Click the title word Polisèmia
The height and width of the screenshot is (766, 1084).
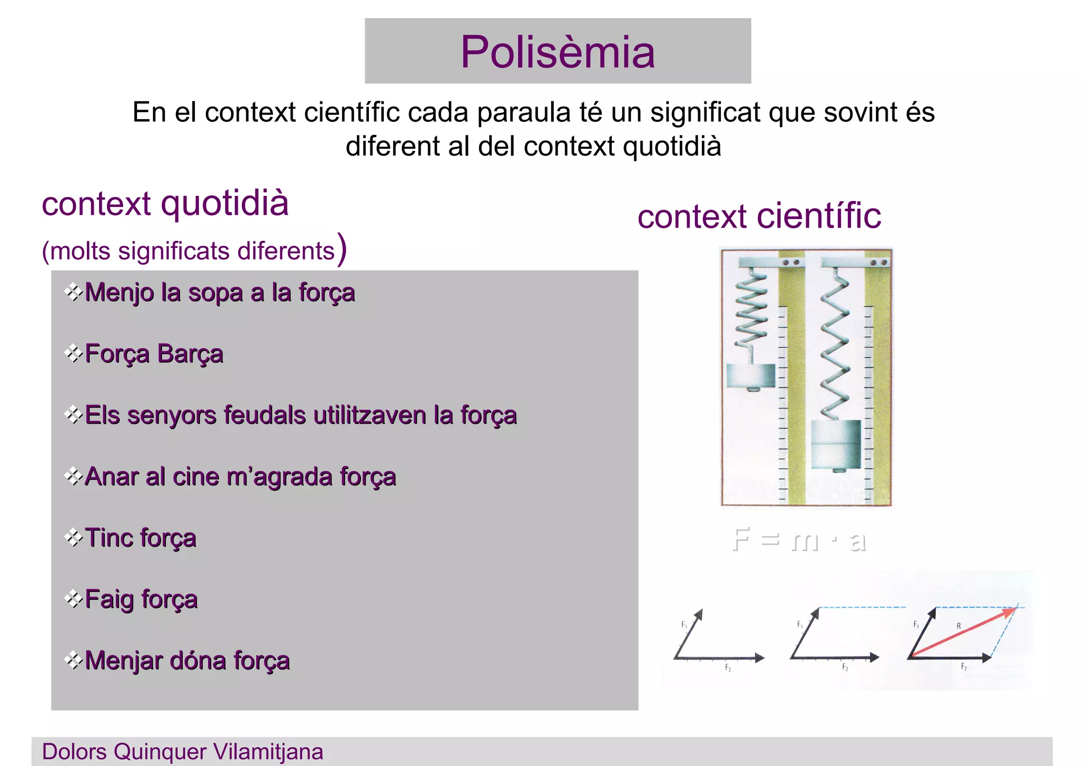point(557,52)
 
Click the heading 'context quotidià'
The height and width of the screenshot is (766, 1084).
point(165,203)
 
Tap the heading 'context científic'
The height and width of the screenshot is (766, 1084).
point(759,216)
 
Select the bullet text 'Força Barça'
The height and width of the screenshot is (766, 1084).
point(153,354)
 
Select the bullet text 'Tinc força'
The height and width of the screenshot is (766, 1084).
point(140,538)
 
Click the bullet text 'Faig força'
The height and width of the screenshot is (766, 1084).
point(141,599)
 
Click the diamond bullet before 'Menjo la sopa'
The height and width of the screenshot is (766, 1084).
point(73,292)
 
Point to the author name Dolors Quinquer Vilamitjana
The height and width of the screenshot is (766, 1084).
point(183,752)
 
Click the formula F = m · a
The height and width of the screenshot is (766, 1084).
point(799,540)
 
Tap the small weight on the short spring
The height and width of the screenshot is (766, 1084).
point(751,376)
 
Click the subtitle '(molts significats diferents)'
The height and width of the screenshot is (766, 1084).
point(194,250)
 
